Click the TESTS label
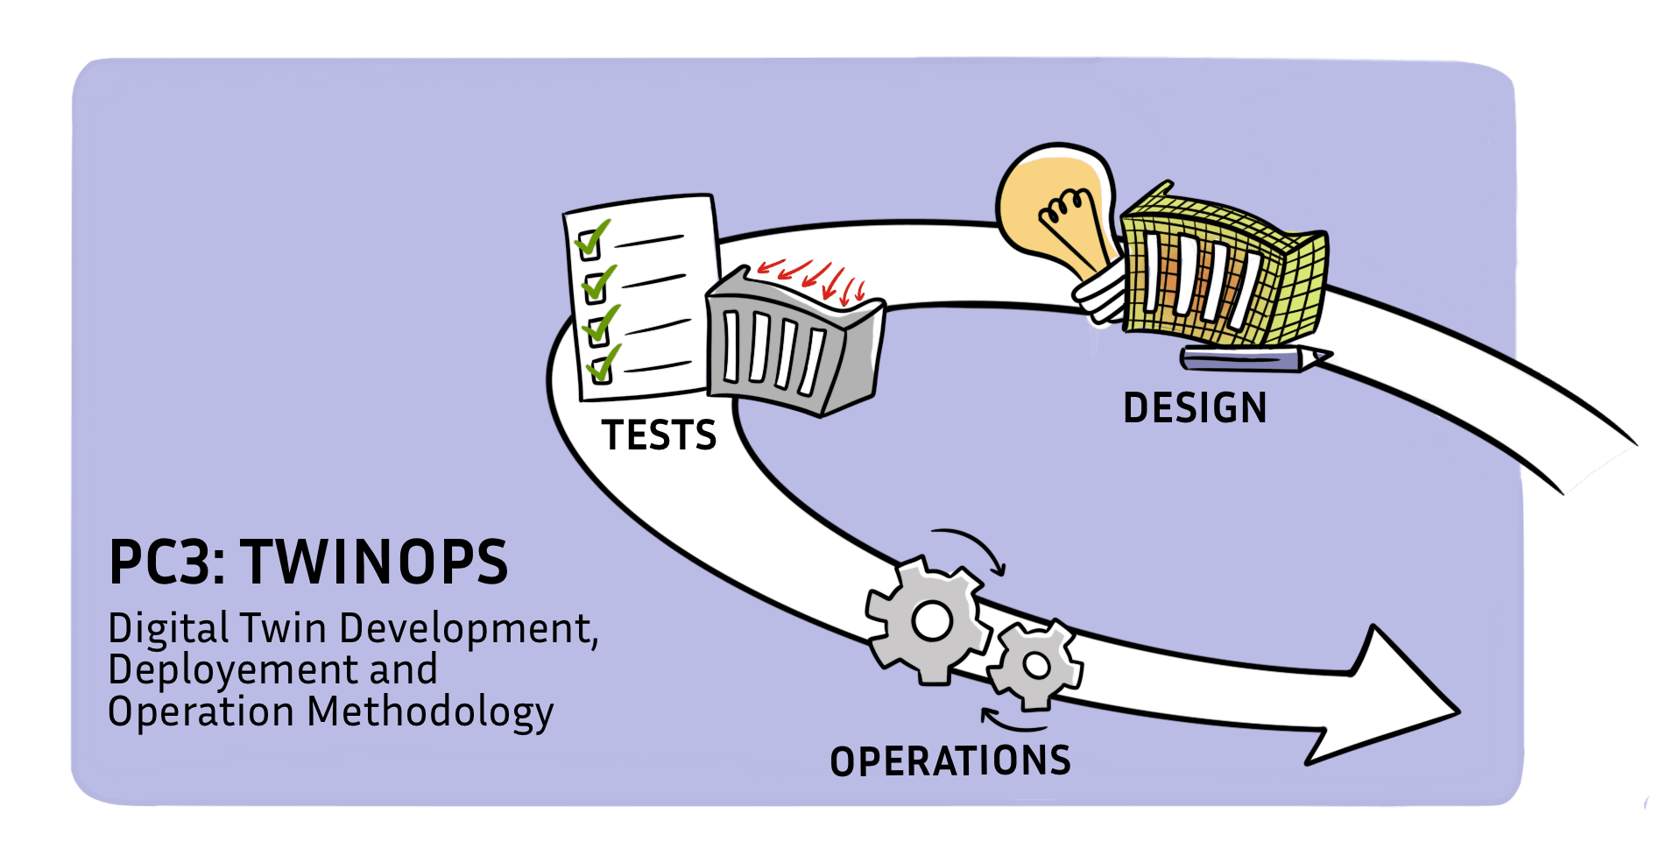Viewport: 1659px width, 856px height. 659,435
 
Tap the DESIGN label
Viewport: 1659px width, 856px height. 1195,408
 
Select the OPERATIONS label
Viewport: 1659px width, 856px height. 950,761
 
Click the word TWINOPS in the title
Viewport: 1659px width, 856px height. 375,562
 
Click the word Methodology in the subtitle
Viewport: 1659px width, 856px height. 430,712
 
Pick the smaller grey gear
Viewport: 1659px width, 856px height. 1035,665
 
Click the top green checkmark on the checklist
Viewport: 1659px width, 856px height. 592,237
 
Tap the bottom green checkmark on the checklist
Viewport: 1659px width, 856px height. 603,364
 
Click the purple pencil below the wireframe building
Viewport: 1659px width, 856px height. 1253,358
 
